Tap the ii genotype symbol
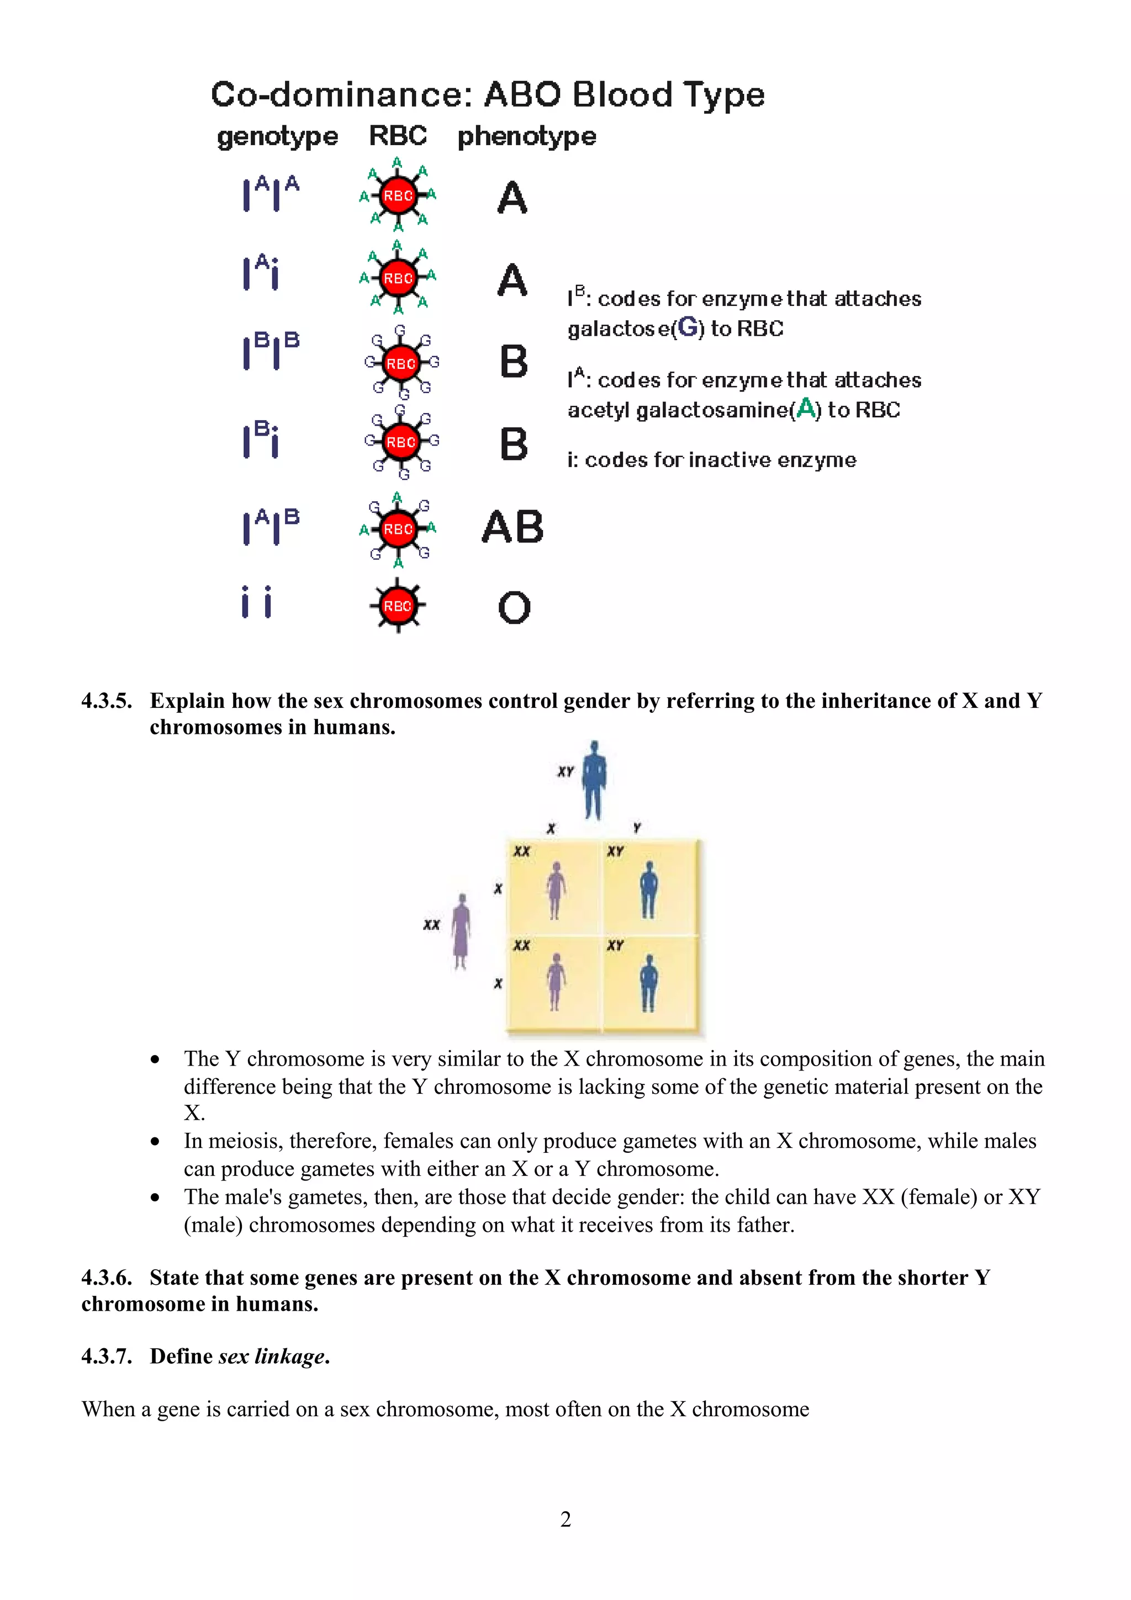click(256, 602)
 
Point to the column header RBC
click(398, 135)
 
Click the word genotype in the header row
click(277, 136)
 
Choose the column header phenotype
click(527, 136)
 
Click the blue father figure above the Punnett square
click(594, 780)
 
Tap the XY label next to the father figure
click(565, 771)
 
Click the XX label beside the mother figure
click(431, 925)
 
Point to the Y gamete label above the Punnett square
click(637, 828)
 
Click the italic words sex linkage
click(272, 1356)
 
